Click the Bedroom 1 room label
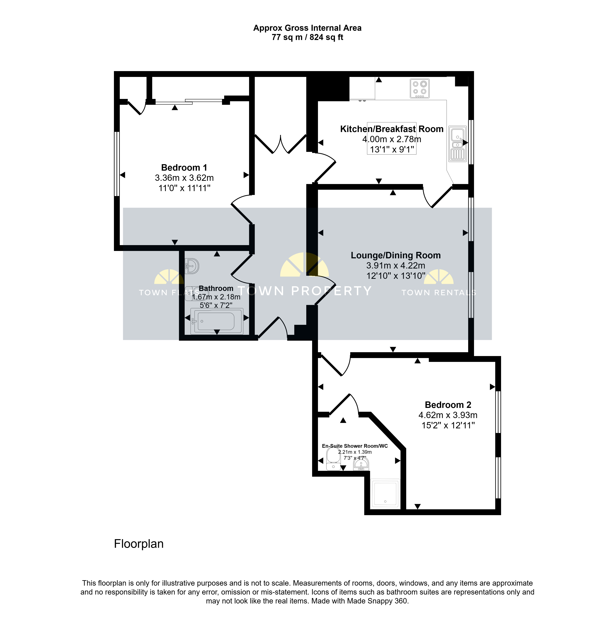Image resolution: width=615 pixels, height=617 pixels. (x=184, y=168)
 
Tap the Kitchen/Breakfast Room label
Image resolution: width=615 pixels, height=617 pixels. (x=392, y=129)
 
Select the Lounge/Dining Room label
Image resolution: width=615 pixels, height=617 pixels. (x=396, y=255)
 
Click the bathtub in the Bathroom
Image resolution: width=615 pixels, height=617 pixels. (x=217, y=321)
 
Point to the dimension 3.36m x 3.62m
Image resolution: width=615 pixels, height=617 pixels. (x=184, y=178)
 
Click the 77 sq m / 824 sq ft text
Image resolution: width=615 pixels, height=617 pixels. (x=307, y=37)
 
